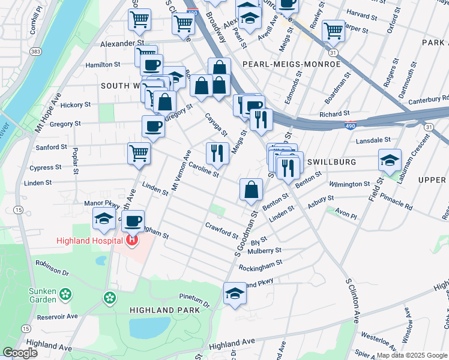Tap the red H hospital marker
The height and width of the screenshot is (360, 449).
[132, 241]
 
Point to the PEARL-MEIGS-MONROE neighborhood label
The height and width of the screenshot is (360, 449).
[292, 64]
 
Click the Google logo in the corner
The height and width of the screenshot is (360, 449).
[20, 353]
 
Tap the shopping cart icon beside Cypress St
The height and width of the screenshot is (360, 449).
[139, 152]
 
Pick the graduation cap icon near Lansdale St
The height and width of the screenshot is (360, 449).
[390, 160]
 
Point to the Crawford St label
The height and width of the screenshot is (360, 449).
[222, 230]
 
